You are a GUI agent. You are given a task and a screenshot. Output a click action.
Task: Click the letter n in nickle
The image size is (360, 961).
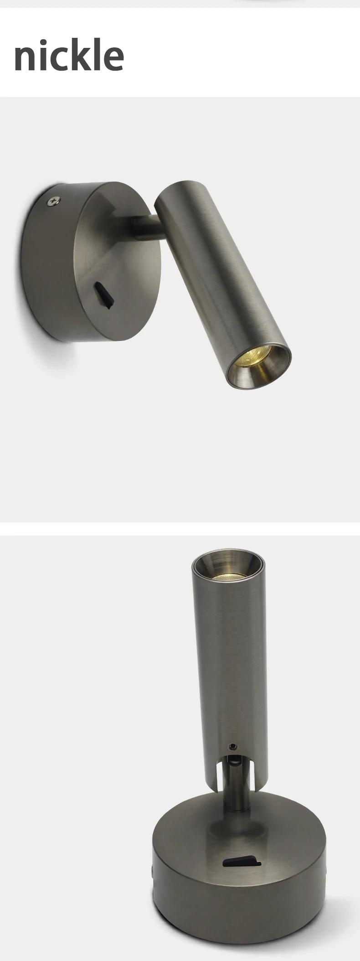click(x=26, y=58)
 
